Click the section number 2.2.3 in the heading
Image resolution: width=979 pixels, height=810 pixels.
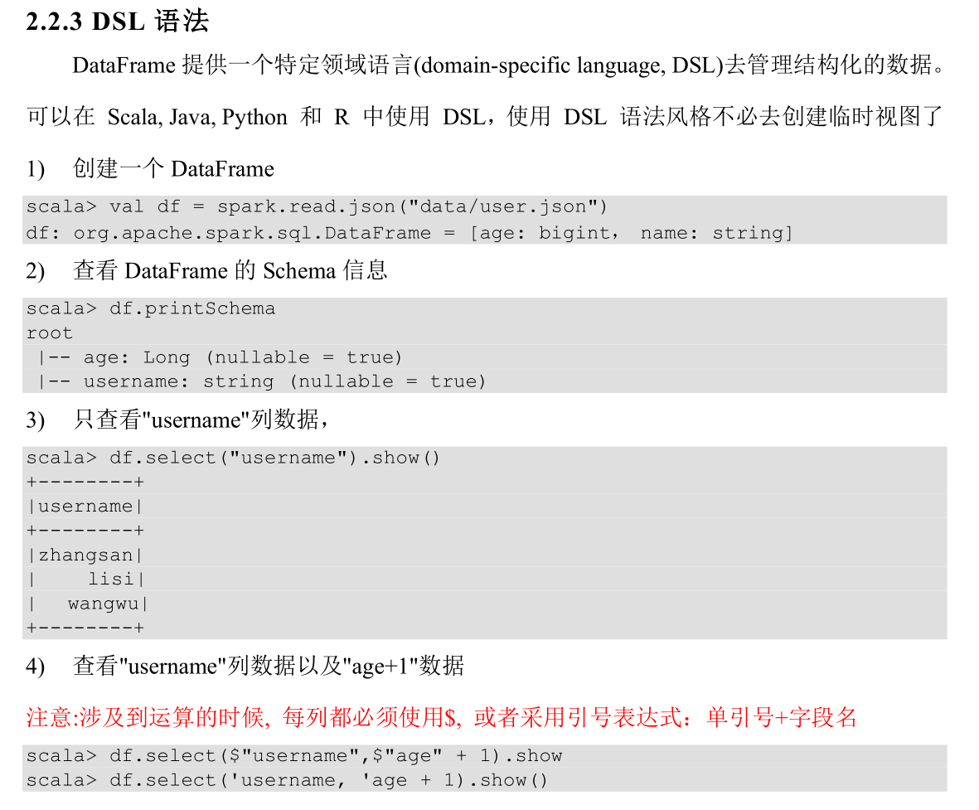[54, 22]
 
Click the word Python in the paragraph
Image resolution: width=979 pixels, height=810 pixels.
[254, 118]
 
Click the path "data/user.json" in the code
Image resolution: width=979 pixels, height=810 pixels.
[505, 206]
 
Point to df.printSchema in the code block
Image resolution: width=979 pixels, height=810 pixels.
[191, 309]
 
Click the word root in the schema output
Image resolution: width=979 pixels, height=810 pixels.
[49, 333]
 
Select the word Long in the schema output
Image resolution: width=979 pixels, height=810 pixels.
[166, 357]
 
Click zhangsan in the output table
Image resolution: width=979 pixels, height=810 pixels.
[85, 555]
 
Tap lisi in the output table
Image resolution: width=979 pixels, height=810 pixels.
[110, 580]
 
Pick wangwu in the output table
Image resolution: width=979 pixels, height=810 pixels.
[103, 604]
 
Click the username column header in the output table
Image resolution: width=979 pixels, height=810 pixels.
[85, 507]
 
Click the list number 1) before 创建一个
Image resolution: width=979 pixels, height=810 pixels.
[35, 170]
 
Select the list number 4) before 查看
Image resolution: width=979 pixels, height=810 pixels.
[35, 667]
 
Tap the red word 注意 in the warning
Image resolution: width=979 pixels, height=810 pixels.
[49, 717]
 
